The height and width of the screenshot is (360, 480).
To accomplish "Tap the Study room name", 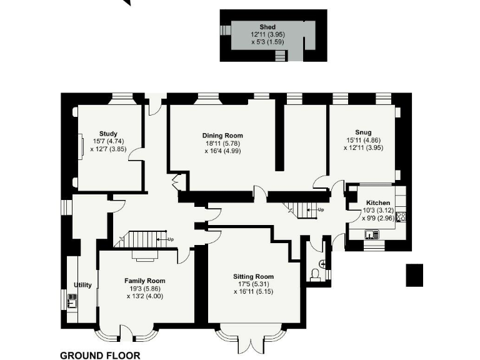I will pyautogui.click(x=108, y=134).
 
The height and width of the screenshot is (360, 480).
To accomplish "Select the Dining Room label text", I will pyautogui.click(x=222, y=136).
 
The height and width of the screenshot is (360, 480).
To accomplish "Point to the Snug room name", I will pyautogui.click(x=363, y=132).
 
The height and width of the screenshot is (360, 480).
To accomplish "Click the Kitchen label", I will pyautogui.click(x=378, y=203).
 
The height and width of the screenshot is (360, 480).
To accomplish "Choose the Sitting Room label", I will pyautogui.click(x=253, y=276).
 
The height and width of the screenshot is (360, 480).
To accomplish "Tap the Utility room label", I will pyautogui.click(x=83, y=285).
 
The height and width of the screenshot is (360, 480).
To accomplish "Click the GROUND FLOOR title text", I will pyautogui.click(x=100, y=355).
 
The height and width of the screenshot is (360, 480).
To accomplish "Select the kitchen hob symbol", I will pyautogui.click(x=401, y=217).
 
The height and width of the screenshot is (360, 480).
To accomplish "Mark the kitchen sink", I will pyautogui.click(x=371, y=235).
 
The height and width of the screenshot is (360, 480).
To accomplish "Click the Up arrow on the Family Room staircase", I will pyautogui.click(x=168, y=239).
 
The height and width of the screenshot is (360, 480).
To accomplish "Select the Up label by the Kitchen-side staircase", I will pyautogui.click(x=321, y=209).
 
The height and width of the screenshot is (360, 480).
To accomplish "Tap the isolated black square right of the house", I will pyautogui.click(x=414, y=275).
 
